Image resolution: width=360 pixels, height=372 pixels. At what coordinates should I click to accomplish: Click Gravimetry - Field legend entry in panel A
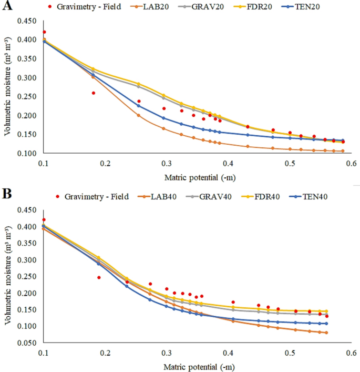pos(84,7)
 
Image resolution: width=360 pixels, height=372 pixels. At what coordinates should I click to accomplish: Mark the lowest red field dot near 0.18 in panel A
pos(94,93)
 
